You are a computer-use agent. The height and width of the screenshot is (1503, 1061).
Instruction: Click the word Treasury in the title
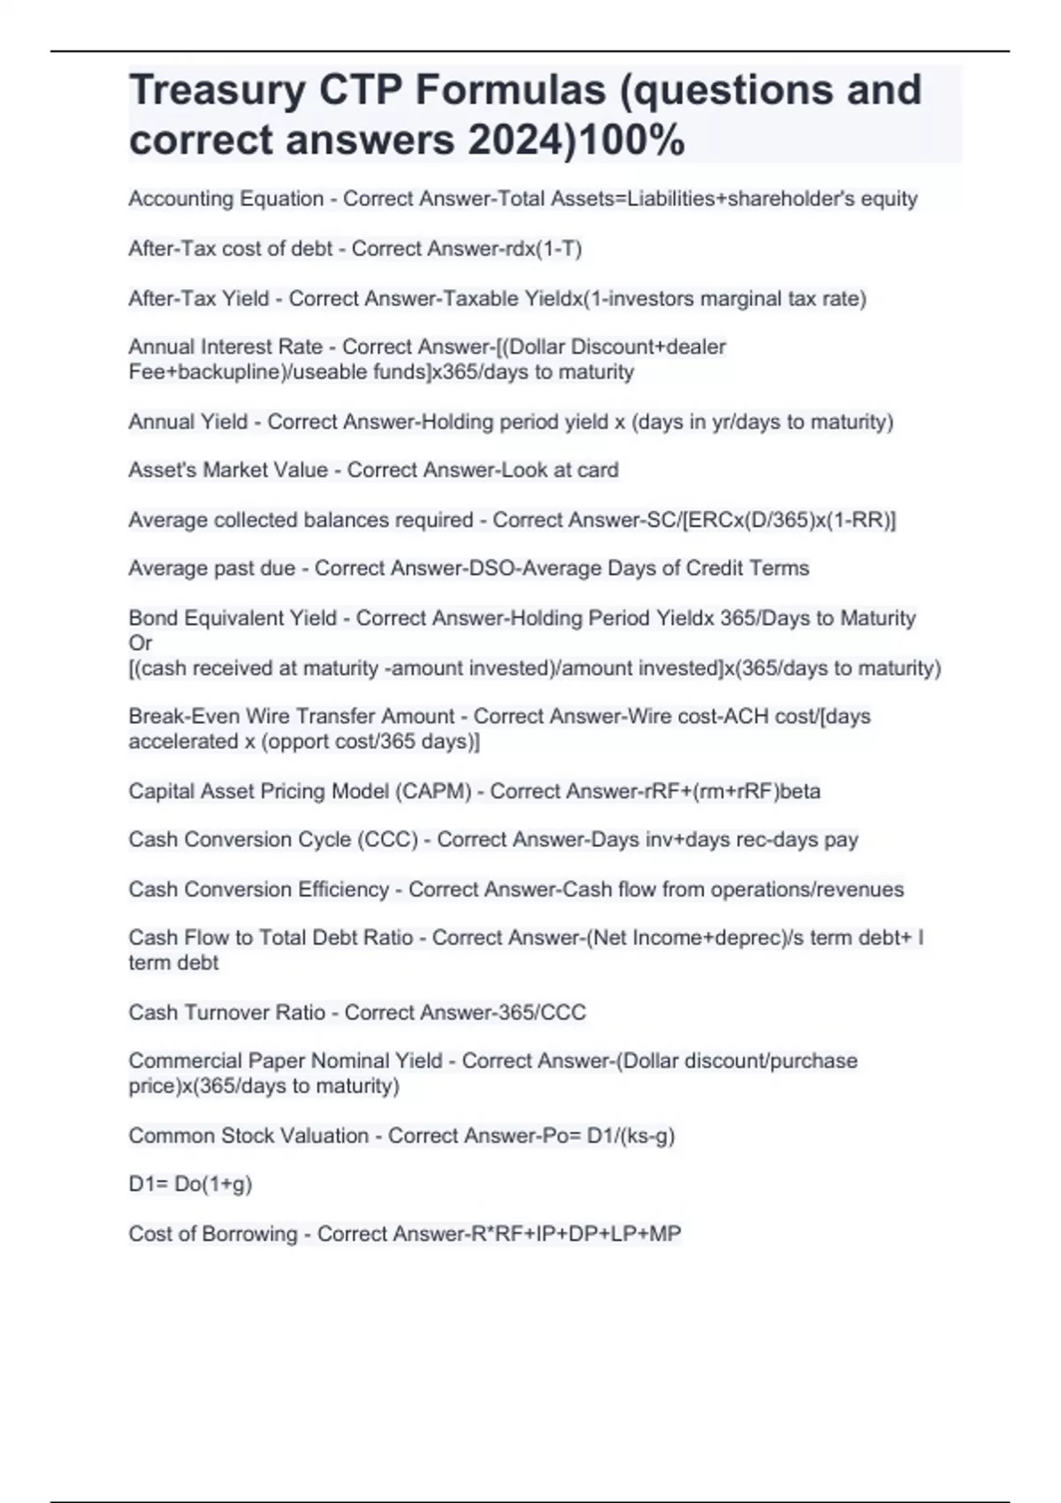tap(217, 90)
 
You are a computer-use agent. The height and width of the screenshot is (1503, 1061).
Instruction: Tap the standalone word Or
tap(140, 643)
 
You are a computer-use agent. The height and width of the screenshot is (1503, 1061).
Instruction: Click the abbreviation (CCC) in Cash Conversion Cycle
tap(387, 839)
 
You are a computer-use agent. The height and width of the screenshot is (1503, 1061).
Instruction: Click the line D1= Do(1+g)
tap(190, 1184)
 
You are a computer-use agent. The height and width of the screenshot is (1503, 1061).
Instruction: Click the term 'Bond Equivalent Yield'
tap(233, 618)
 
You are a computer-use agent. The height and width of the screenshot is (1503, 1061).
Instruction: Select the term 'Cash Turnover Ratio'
tap(226, 1012)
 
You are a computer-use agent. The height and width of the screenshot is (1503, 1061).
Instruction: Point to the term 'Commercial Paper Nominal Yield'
tap(286, 1061)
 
